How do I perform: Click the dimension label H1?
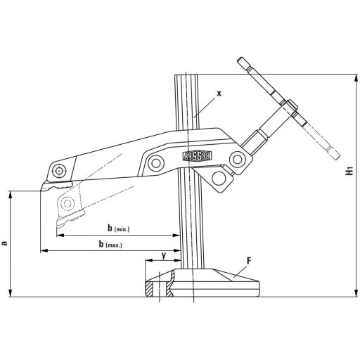[x=349, y=172]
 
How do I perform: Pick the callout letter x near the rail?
[x=219, y=93]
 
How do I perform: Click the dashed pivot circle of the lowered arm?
[x=67, y=203]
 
